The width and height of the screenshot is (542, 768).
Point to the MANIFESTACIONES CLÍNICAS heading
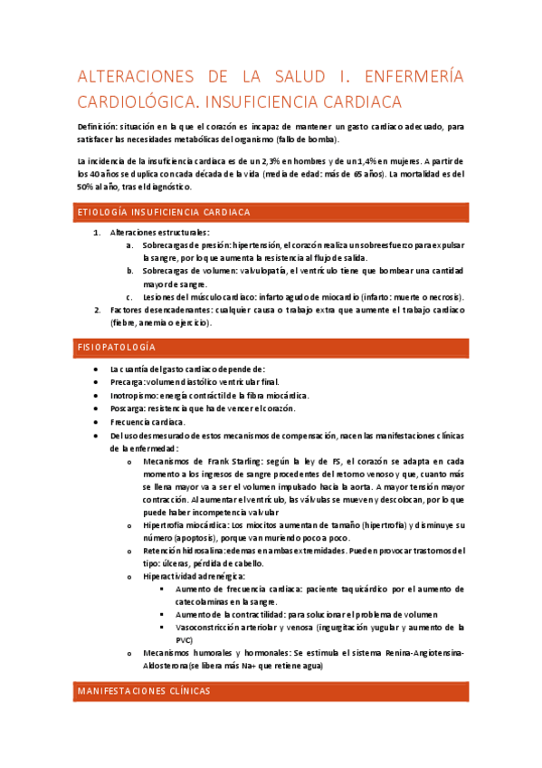point(144,690)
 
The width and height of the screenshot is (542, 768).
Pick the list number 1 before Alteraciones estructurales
point(98,233)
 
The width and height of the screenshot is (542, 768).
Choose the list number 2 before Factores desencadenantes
point(98,309)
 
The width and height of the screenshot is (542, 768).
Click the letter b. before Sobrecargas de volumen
point(130,271)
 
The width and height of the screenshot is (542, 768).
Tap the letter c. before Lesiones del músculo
point(130,296)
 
